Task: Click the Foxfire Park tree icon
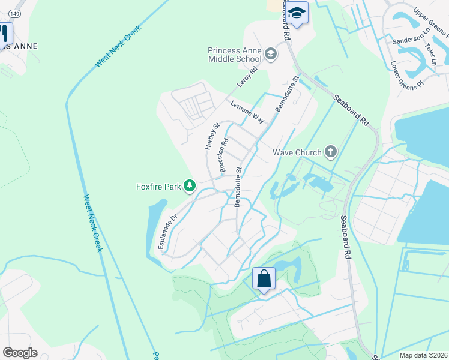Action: coord(190,186)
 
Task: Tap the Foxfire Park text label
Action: coord(158,187)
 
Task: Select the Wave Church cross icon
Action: coord(331,152)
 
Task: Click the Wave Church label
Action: coord(297,152)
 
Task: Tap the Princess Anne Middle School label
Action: coord(235,55)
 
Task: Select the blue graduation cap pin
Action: coord(297,13)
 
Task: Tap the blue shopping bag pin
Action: coord(264,279)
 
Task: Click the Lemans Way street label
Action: coord(247,112)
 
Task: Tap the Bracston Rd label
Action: coord(224,157)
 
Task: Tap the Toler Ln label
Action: coord(432,54)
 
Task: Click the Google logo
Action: coord(20,352)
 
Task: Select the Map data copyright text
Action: coord(423,355)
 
